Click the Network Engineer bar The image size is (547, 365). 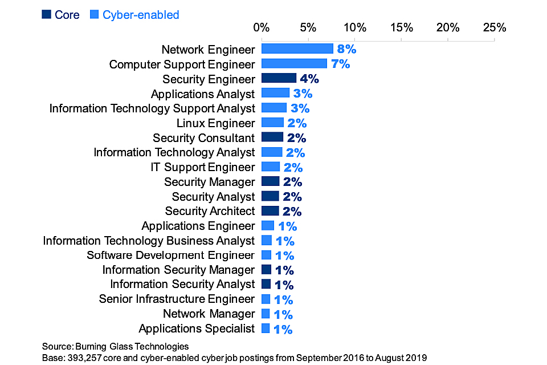(x=297, y=49)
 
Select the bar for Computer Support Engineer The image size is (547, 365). (x=294, y=64)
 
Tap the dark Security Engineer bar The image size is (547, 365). (x=279, y=79)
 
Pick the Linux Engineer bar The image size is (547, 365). (x=272, y=123)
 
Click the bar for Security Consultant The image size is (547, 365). (x=272, y=137)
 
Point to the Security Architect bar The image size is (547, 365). (x=270, y=211)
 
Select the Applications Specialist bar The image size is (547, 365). (x=266, y=328)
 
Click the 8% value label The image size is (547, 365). (x=346, y=49)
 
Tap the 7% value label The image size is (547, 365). (x=340, y=64)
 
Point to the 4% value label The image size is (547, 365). (x=309, y=79)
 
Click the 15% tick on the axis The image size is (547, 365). (x=401, y=27)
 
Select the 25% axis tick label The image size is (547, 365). (x=494, y=27)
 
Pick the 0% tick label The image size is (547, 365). (x=262, y=27)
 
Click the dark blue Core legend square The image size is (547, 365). (x=46, y=14)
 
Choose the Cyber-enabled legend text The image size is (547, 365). (x=141, y=14)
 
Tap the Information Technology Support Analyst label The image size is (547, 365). (x=152, y=108)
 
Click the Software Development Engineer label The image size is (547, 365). (x=170, y=255)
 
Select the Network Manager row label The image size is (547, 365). (x=209, y=314)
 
